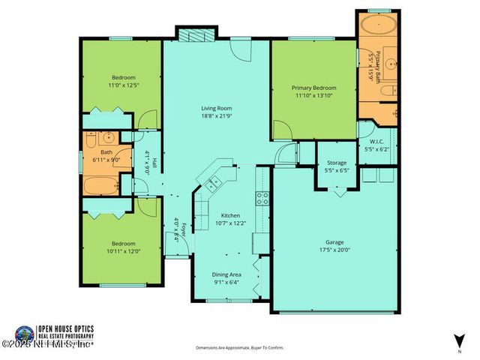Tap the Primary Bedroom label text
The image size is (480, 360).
click(313, 88)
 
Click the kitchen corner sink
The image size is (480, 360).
click(210, 180)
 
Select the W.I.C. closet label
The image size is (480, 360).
click(376, 142)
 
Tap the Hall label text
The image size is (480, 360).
click(148, 153)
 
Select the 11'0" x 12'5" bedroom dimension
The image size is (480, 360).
click(123, 85)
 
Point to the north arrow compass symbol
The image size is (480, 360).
click(457, 340)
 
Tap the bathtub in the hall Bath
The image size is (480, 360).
click(100, 186)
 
